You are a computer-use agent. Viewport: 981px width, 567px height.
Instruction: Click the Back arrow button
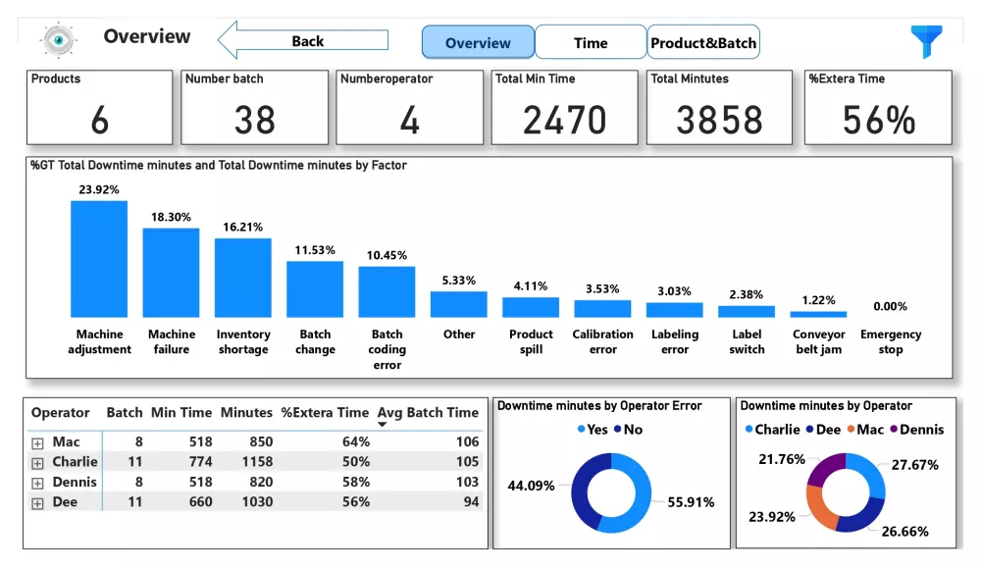click(303, 41)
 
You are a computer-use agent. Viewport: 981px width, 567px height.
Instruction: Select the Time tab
click(591, 43)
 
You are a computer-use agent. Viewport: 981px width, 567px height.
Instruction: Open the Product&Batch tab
click(703, 43)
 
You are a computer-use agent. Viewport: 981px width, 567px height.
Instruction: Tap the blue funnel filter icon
click(926, 41)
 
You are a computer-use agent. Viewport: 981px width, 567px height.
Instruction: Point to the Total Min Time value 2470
click(564, 120)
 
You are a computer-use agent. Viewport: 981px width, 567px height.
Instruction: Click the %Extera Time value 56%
click(878, 120)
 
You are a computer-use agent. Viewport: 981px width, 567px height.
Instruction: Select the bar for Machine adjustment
click(99, 259)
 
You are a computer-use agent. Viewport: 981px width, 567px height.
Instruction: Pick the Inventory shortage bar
click(243, 278)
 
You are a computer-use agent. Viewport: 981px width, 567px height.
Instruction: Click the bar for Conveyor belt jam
click(818, 314)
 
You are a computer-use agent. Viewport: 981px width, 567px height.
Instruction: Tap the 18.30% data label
click(171, 217)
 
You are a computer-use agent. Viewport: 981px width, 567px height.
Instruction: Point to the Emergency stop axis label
click(891, 342)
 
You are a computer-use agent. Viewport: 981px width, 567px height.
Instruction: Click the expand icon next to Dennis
click(38, 483)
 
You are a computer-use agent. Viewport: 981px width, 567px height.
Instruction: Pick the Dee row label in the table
click(65, 502)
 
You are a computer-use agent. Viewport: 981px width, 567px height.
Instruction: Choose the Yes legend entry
click(592, 430)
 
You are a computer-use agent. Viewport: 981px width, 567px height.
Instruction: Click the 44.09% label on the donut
click(531, 486)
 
